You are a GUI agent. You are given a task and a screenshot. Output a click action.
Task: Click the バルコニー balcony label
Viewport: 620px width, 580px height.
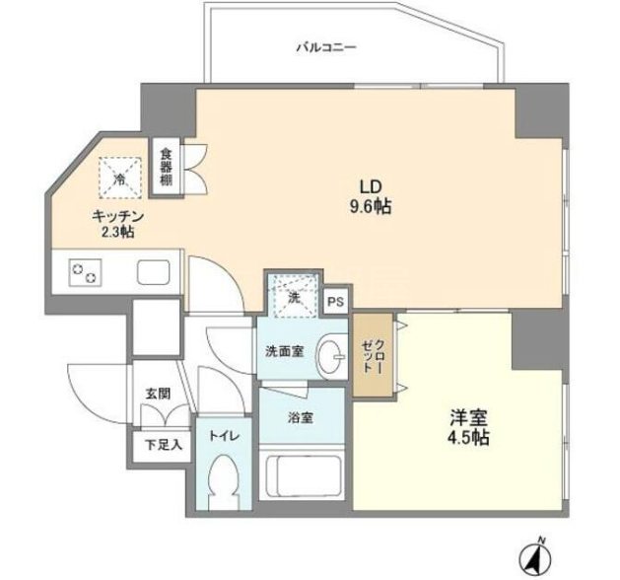point(326,48)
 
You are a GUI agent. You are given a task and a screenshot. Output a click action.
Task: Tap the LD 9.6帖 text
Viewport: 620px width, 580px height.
point(370,196)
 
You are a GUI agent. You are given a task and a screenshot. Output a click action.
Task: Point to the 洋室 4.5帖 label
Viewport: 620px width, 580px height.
point(468,427)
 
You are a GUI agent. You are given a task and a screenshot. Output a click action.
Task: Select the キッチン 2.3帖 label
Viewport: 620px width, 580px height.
point(117,224)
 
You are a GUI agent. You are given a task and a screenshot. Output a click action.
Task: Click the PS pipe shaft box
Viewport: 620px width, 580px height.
point(336,302)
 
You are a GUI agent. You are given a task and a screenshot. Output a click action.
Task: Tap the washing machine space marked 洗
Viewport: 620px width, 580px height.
point(295,297)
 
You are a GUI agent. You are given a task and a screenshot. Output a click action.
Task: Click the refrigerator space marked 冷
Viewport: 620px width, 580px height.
point(120,178)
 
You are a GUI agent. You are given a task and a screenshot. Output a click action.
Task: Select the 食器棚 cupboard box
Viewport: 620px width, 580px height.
point(166,167)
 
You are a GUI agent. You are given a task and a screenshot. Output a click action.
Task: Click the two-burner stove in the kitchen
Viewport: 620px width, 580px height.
point(85,272)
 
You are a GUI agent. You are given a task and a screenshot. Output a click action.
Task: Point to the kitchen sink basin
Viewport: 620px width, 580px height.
point(154,272)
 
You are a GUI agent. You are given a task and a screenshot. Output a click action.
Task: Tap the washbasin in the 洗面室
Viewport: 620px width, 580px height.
point(332,356)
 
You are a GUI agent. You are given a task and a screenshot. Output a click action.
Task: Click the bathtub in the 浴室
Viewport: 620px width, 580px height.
point(304,475)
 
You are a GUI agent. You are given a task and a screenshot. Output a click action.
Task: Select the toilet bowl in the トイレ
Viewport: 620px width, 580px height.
point(224,478)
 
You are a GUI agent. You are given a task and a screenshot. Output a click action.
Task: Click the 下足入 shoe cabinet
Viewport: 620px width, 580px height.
point(162,446)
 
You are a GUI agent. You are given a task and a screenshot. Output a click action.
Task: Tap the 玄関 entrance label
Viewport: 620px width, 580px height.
point(158,394)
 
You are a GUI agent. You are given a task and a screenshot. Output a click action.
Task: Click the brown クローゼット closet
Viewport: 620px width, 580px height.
point(373,355)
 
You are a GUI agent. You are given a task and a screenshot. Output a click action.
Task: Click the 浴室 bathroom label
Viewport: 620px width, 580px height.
point(301,418)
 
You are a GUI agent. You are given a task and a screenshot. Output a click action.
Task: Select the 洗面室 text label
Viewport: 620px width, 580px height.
point(284,351)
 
